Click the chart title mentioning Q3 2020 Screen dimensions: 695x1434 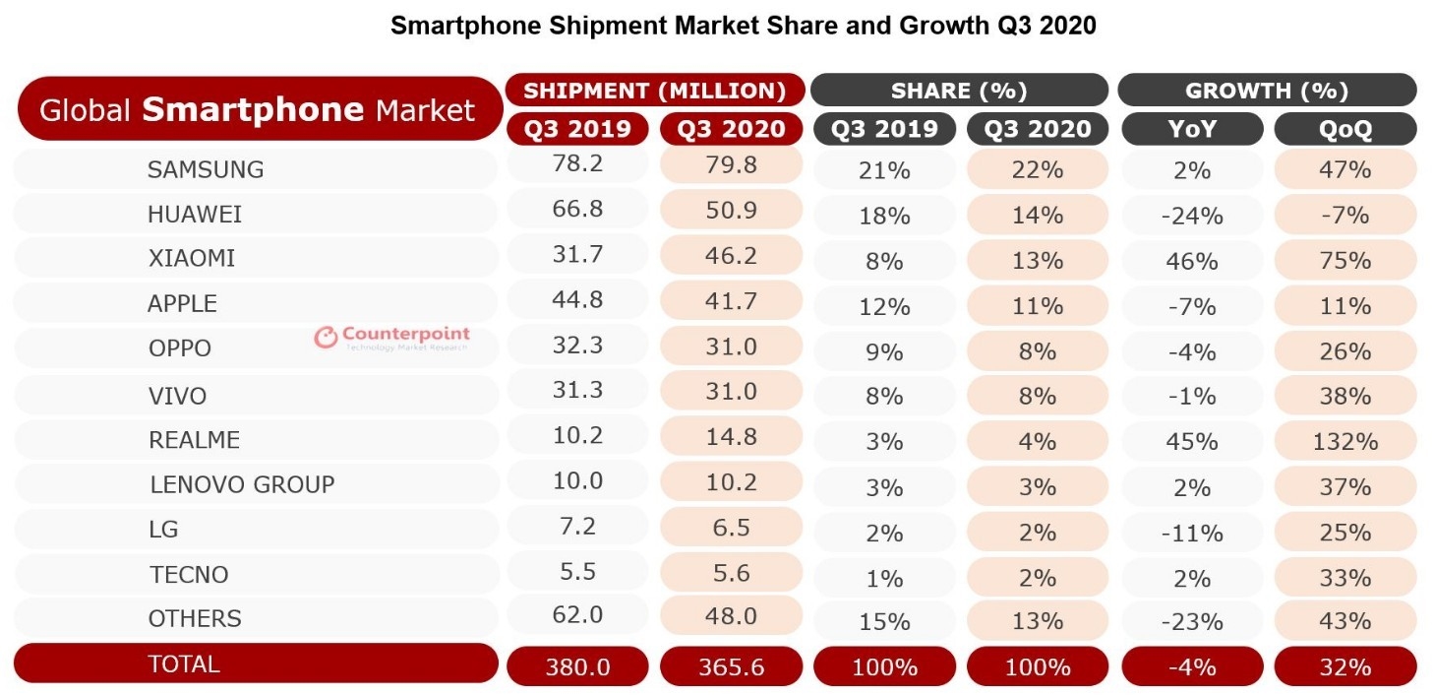pyautogui.click(x=743, y=26)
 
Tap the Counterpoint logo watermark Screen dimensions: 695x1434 pyautogui.click(x=391, y=338)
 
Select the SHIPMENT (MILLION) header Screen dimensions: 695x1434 pyautogui.click(x=655, y=91)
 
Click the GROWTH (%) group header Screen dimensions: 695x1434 pyautogui.click(x=1266, y=91)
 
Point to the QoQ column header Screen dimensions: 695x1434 pyautogui.click(x=1344, y=129)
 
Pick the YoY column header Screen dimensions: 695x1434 pyautogui.click(x=1191, y=129)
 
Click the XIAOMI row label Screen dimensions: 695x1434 pyautogui.click(x=191, y=259)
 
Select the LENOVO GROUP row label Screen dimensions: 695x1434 pyautogui.click(x=242, y=484)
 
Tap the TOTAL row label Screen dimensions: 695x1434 pyautogui.click(x=183, y=663)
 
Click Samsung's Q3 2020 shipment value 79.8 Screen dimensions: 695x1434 pyautogui.click(x=731, y=165)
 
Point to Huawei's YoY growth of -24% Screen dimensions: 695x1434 pyautogui.click(x=1191, y=217)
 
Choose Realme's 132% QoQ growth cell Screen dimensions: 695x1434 pyautogui.click(x=1344, y=441)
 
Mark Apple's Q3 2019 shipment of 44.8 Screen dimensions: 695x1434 pyautogui.click(x=577, y=300)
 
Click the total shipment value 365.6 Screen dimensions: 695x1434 pyautogui.click(x=731, y=666)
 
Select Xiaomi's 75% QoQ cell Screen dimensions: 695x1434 pyautogui.click(x=1344, y=261)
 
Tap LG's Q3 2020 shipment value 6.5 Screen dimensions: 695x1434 pyautogui.click(x=731, y=527)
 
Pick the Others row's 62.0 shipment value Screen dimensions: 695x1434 pyautogui.click(x=577, y=616)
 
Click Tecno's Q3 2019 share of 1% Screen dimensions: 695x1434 pyautogui.click(x=884, y=578)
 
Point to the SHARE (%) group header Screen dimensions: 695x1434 pyautogui.click(x=959, y=91)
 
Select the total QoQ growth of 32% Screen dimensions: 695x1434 pyautogui.click(x=1344, y=666)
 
